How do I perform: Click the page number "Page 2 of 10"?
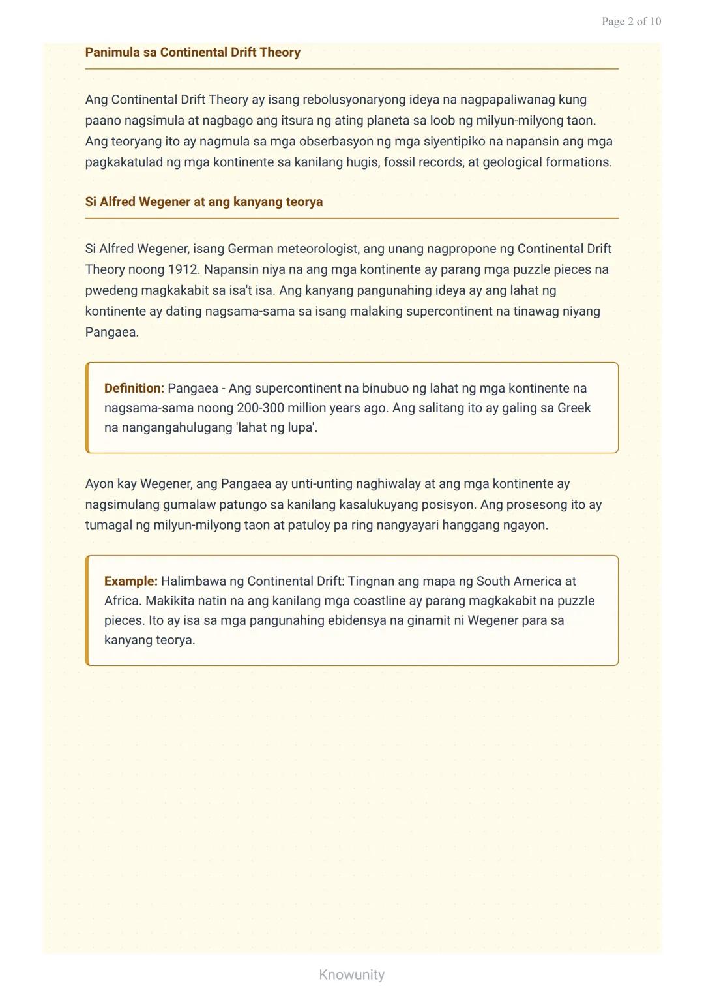[630, 22]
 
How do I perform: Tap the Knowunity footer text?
[351, 974]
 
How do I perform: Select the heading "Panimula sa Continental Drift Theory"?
[192, 52]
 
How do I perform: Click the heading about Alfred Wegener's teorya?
[203, 202]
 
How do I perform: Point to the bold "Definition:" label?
[134, 388]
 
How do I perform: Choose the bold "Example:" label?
[130, 581]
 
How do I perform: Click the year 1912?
[183, 269]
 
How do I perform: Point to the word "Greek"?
[574, 408]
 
